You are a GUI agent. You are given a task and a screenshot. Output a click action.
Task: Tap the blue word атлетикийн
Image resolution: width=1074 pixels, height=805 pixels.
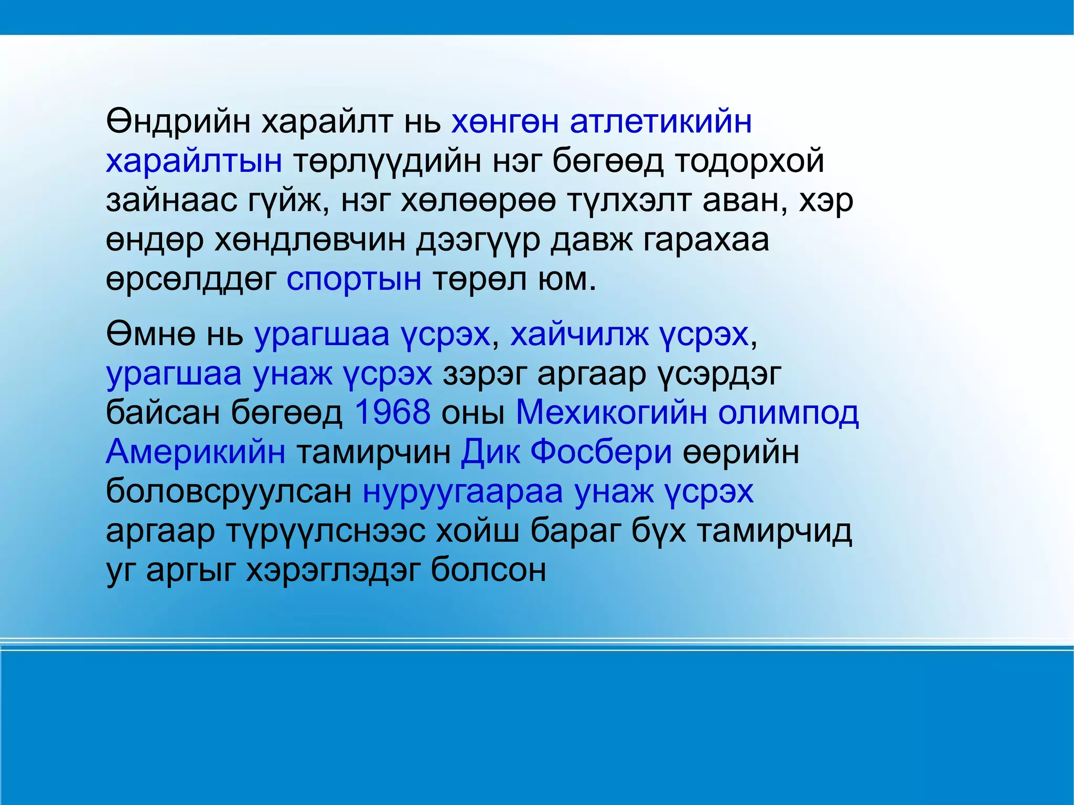point(661,122)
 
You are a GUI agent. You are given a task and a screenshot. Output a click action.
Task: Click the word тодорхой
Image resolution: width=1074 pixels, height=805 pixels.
point(749,162)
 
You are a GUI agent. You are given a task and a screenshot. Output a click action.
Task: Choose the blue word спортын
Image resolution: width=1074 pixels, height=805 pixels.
point(354,280)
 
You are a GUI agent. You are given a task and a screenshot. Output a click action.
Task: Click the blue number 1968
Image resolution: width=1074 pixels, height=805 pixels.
point(393,412)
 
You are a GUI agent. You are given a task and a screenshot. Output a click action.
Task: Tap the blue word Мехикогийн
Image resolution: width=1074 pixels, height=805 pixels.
point(611,412)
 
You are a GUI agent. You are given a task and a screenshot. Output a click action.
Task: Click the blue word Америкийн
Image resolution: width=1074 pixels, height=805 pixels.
point(196,452)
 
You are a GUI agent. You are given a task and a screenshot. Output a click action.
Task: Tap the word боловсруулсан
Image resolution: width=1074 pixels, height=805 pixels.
point(229,491)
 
